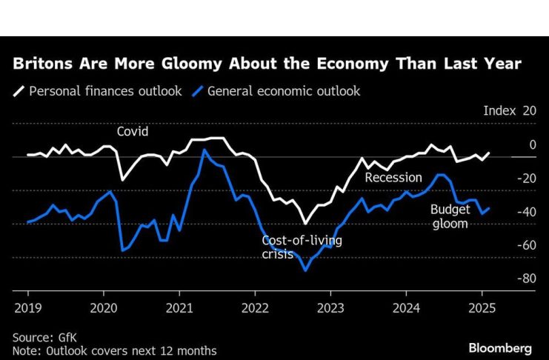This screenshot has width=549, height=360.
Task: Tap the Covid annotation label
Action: coord(133,132)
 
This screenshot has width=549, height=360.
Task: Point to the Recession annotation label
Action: coord(393,178)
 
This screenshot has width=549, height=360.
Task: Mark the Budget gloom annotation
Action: coord(450,216)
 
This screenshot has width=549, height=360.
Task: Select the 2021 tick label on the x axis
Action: coord(179,306)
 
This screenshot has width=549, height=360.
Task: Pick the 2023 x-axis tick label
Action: coord(331,306)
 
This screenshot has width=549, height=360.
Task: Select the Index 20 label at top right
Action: coord(509,110)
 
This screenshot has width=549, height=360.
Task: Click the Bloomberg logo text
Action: coord(500,347)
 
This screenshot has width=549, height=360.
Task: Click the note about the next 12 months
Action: coord(114,350)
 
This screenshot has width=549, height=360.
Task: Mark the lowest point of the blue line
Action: coord(305,270)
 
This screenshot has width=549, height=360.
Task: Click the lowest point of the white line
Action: coord(305,223)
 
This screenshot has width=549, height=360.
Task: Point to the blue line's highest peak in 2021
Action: coord(204,150)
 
